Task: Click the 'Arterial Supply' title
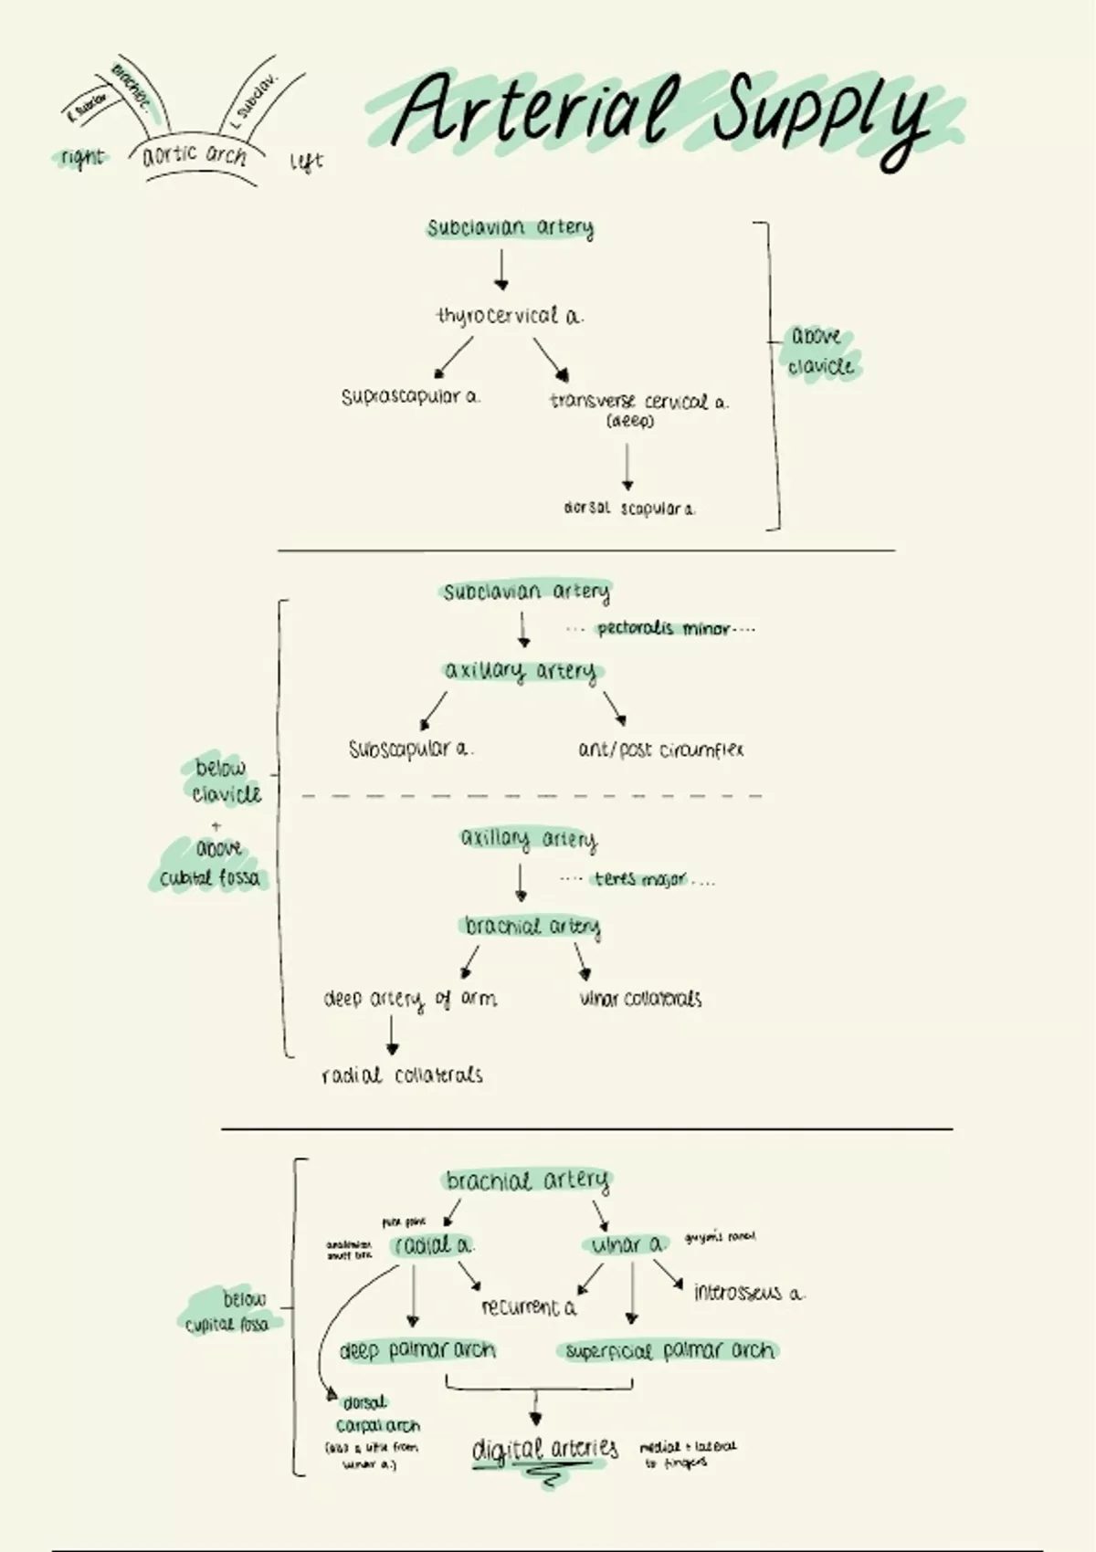pos(662,114)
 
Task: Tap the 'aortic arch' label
pos(195,154)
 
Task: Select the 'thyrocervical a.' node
pos(509,316)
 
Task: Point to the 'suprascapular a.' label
pos(410,397)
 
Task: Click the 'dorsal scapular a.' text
pos(629,509)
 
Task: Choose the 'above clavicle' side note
pos(820,351)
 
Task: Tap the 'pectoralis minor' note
pos(662,628)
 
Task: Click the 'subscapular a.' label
pos(410,750)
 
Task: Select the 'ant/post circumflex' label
pos(660,750)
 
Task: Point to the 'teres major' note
pos(639,879)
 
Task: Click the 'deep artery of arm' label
pos(410,999)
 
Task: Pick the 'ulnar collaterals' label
pos(640,999)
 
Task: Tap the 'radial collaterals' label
pos(402,1075)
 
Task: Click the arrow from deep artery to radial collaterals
pos(392,1036)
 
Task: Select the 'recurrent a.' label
pos(529,1307)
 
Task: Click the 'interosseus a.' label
pos(749,1293)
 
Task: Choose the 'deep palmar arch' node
pos(417,1350)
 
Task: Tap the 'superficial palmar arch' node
pos(669,1350)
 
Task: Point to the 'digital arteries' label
pos(545,1449)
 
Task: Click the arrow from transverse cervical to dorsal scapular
pos(627,467)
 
